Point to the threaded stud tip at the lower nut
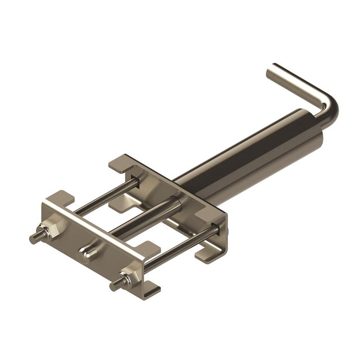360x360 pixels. pos(114,287)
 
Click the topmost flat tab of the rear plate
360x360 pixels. pos(120,164)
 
